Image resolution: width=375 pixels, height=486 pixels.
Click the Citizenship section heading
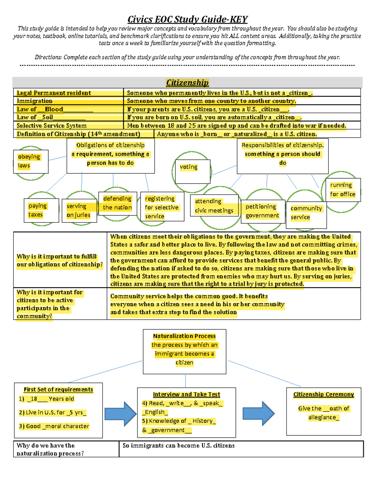(x=187, y=83)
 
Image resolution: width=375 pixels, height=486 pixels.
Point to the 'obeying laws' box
(x=31, y=161)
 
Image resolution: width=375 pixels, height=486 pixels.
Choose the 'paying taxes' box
(x=41, y=210)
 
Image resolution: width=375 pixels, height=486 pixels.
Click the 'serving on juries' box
(x=79, y=211)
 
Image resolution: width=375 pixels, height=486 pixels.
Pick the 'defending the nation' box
(x=117, y=203)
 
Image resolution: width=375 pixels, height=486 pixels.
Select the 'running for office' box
(x=343, y=190)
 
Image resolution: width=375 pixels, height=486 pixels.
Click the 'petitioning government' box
(x=263, y=211)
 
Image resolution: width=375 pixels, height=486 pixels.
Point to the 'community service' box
(x=306, y=213)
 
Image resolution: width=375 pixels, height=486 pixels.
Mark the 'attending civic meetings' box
(x=214, y=206)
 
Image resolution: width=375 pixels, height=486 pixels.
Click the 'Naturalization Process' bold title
(x=184, y=336)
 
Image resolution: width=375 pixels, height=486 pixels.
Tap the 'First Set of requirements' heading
(x=58, y=390)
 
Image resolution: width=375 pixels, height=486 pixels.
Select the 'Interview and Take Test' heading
(x=187, y=395)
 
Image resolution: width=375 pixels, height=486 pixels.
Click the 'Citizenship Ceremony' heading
(x=323, y=395)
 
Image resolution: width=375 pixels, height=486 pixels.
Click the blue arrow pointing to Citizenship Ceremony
(x=258, y=414)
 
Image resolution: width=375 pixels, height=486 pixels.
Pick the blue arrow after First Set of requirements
(x=120, y=414)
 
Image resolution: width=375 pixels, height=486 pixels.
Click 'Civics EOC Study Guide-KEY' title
(x=187, y=19)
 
